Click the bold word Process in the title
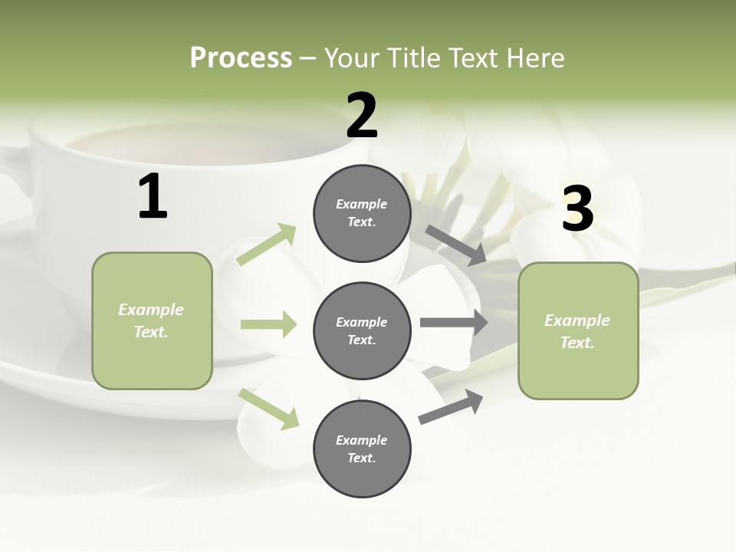(241, 58)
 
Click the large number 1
(153, 197)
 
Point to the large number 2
(362, 116)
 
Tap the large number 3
(577, 209)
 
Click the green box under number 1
(152, 320)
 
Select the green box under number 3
(578, 330)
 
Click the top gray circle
(362, 213)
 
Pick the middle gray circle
(362, 330)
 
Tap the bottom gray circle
(362, 449)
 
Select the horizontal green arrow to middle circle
(268, 325)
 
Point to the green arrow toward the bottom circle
(269, 408)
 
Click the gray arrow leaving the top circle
(455, 245)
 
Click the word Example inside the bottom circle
(362, 440)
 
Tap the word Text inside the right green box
(577, 343)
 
